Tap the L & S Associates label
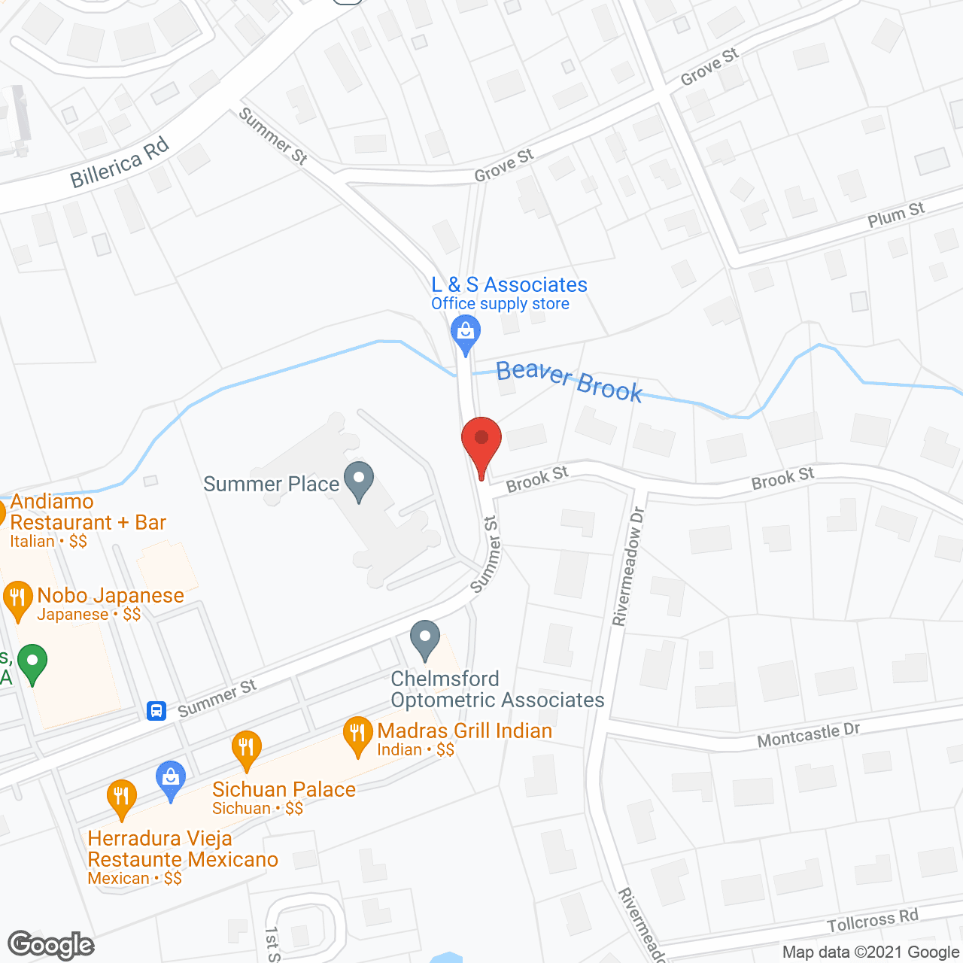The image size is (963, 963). (x=509, y=285)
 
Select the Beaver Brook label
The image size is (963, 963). (x=569, y=381)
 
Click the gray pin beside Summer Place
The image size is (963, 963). (x=359, y=479)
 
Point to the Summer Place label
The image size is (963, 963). (x=271, y=484)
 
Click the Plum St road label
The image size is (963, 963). (x=895, y=215)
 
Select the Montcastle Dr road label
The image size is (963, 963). (x=808, y=735)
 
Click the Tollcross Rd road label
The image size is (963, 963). (x=873, y=921)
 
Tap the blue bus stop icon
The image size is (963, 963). (x=156, y=710)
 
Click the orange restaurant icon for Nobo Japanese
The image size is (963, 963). (x=17, y=599)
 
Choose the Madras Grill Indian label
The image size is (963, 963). (x=464, y=731)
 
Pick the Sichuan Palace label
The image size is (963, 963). (x=284, y=789)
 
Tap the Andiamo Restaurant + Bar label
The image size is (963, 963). (x=87, y=512)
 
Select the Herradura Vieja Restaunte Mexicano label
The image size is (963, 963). (x=183, y=849)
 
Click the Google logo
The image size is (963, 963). (x=51, y=944)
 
